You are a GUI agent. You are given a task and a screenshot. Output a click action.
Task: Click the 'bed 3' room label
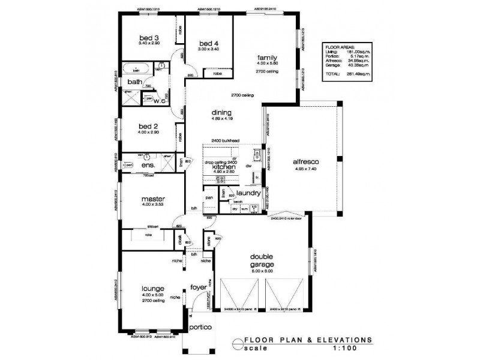tap(148, 36)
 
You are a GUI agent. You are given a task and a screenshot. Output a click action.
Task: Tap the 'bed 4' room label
tap(206, 43)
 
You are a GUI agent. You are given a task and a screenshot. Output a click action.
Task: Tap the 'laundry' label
tap(248, 193)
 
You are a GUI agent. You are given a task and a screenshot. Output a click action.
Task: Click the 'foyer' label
tap(198, 287)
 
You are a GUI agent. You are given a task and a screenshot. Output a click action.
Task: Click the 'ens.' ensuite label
tap(148, 165)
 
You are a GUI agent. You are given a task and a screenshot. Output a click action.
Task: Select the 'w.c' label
tap(159, 101)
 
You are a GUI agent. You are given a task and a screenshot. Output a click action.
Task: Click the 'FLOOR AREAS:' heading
tap(340, 46)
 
